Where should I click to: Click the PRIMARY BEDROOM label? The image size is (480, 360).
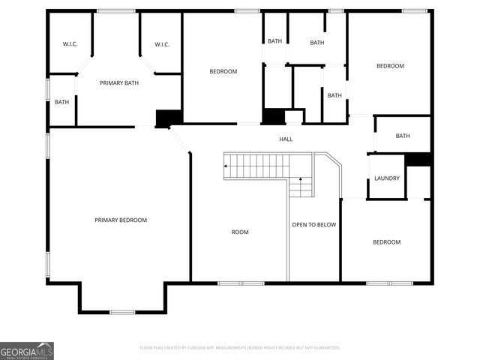point(121,220)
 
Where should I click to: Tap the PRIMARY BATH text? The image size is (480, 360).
point(120,82)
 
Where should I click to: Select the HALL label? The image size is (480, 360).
point(286,139)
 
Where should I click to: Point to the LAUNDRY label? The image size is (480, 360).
point(387,178)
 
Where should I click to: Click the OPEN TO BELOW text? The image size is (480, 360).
point(313,224)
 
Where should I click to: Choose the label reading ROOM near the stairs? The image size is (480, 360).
point(240,232)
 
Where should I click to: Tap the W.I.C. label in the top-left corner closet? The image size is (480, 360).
point(69,44)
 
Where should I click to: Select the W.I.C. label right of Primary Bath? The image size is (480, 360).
point(162,44)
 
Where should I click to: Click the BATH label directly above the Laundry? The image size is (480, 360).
point(403,136)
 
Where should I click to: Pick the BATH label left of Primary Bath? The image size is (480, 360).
point(61,102)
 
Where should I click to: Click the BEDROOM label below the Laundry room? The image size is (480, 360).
point(387,241)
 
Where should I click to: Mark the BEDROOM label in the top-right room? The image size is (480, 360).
point(390,66)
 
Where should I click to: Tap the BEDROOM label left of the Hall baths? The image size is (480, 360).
point(223,71)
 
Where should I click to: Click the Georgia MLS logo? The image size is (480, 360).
point(27,350)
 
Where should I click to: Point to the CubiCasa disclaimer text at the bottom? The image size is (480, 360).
point(240,347)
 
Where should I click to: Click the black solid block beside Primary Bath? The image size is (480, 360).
point(169,118)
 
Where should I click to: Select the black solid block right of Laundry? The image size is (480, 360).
point(418,159)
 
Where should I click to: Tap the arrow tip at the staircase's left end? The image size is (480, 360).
point(225,166)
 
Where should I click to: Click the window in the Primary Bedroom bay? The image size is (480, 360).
point(122,312)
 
